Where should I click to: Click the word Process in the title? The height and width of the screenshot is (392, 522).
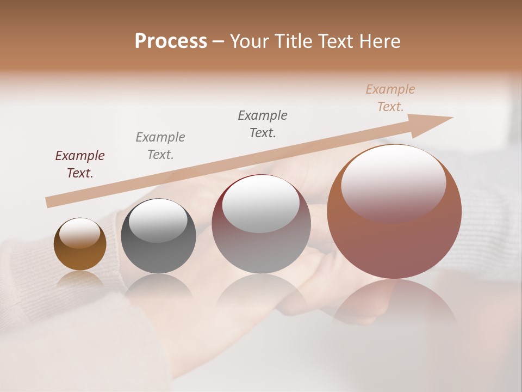pos(171,41)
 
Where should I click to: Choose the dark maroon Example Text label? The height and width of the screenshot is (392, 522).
pos(80,164)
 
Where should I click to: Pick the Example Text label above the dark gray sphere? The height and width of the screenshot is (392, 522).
pos(160,146)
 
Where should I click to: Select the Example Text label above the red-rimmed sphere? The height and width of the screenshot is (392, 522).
pos(263,124)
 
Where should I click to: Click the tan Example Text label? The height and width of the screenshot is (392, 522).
pos(390,98)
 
